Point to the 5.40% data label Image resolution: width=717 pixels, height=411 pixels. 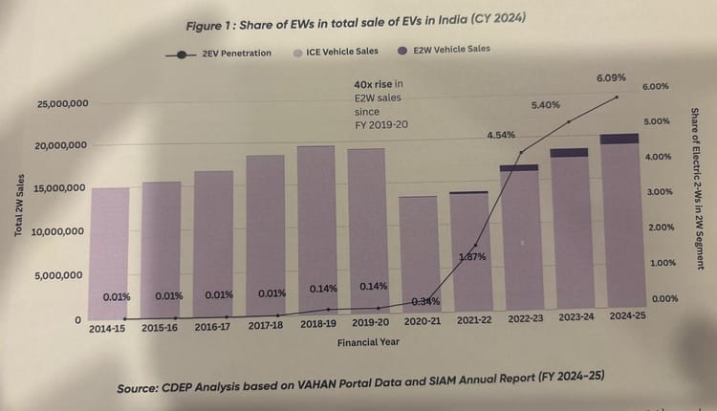pos(545,104)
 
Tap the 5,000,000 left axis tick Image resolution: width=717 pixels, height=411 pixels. pos(60,276)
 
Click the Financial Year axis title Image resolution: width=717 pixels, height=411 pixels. pos(368,339)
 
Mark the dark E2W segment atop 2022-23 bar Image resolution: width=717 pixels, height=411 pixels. pos(519,168)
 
